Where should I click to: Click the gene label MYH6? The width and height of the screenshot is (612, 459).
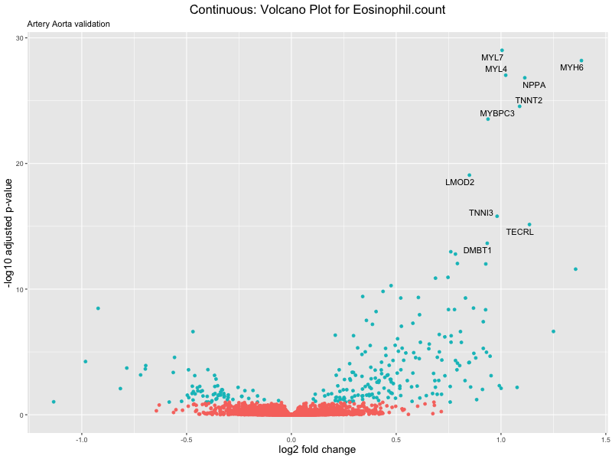coord(571,68)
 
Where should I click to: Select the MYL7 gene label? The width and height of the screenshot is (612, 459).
coord(492,58)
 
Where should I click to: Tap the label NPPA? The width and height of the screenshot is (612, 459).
coord(534,85)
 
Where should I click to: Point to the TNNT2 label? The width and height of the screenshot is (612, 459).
coord(529,100)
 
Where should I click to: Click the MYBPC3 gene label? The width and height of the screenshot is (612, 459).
coord(497,114)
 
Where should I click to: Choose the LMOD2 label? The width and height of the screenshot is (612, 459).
coord(460,182)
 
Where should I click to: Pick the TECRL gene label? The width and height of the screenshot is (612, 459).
coord(519,232)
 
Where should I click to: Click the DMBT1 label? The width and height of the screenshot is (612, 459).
coord(477,250)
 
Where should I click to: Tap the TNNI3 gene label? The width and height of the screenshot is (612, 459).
coord(480,213)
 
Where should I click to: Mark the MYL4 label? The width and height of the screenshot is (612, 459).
coord(496,70)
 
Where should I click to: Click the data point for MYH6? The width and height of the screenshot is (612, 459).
coord(581,60)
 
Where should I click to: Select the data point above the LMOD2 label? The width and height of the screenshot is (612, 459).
coord(469,175)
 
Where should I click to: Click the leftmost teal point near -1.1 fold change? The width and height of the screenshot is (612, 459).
coord(54,402)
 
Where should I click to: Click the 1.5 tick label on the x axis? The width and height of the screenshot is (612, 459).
coord(605,439)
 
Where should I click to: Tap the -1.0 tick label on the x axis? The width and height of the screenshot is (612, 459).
coord(82,439)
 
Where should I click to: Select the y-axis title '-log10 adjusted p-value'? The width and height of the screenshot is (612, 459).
coord(11,233)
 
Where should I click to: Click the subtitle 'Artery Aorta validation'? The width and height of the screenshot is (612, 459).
coord(68,24)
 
